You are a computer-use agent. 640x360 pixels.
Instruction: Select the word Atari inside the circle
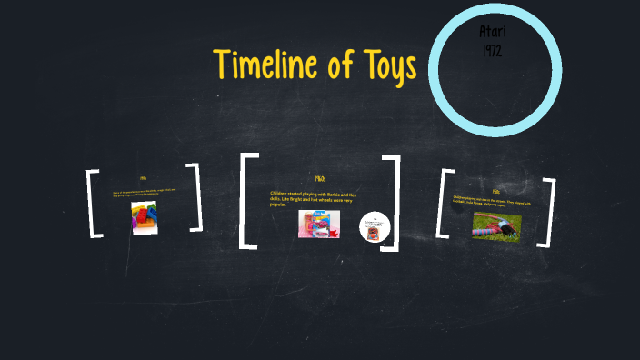click(x=491, y=31)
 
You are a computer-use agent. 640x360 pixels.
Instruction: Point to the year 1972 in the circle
click(x=491, y=49)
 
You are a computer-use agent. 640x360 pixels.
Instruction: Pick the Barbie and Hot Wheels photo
click(x=318, y=224)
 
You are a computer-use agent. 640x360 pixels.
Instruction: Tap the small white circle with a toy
click(x=374, y=226)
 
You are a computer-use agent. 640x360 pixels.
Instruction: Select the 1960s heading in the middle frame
click(x=319, y=179)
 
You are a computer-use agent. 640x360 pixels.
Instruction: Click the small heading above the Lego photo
click(x=143, y=178)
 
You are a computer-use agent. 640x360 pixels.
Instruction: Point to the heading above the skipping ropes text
click(x=495, y=192)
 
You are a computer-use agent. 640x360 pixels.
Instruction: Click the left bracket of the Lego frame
click(x=93, y=203)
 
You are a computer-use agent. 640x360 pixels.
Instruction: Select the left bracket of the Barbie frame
click(x=246, y=201)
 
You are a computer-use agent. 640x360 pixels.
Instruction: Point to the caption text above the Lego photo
click(x=143, y=194)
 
